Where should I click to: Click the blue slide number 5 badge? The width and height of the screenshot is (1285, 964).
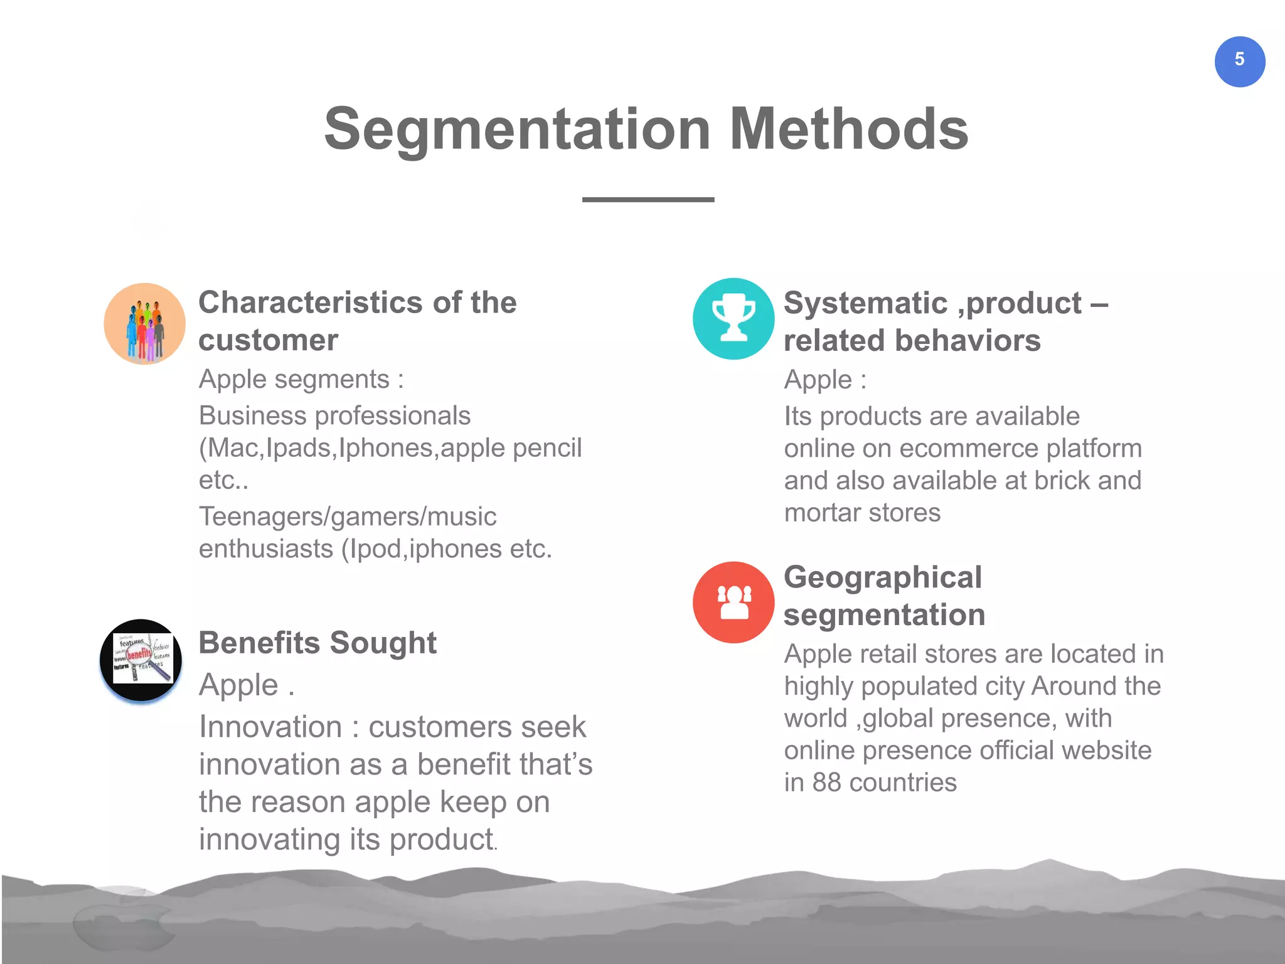point(1239,62)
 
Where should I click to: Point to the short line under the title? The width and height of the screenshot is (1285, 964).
point(648,200)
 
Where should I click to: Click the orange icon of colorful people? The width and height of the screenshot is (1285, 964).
point(144,324)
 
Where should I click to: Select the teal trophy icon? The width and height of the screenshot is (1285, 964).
point(733,319)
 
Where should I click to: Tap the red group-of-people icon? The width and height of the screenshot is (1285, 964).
point(733,602)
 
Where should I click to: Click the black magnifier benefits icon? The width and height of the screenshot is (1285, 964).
point(141,660)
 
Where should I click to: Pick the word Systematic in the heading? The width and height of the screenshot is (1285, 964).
point(865,303)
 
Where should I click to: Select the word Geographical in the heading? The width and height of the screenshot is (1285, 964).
point(882,577)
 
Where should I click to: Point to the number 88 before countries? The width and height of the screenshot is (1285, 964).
point(826,783)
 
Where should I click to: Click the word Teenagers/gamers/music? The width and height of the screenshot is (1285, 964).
point(348,517)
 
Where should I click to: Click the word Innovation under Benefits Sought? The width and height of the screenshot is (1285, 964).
point(270,727)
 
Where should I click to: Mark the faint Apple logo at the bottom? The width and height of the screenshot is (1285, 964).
point(122,919)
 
